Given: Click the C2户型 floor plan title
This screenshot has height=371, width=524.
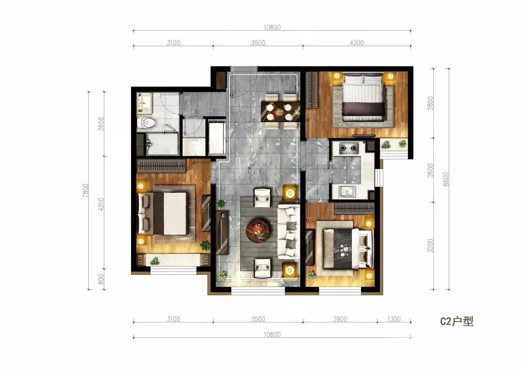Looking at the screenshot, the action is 457,321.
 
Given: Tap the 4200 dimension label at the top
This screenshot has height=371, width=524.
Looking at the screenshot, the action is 357,43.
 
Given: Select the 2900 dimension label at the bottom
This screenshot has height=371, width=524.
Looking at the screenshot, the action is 340,319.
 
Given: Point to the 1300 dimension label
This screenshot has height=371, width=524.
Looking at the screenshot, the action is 393,319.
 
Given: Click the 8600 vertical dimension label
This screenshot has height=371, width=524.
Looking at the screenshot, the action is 445,179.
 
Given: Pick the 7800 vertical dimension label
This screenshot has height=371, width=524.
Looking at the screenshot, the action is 85,190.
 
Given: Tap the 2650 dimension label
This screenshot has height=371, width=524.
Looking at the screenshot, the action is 101,124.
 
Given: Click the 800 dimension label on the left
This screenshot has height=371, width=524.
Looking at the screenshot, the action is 101,279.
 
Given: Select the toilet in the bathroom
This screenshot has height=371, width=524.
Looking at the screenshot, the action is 147,123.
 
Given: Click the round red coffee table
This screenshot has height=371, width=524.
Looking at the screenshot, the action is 258,229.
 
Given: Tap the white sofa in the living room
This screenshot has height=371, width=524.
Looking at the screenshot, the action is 288,232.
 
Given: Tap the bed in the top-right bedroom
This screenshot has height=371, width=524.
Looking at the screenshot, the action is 363,98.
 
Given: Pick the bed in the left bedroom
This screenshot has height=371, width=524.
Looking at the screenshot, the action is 163,213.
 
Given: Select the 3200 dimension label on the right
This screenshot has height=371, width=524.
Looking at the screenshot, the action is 430,245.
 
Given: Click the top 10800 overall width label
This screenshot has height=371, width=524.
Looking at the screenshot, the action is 272,27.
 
